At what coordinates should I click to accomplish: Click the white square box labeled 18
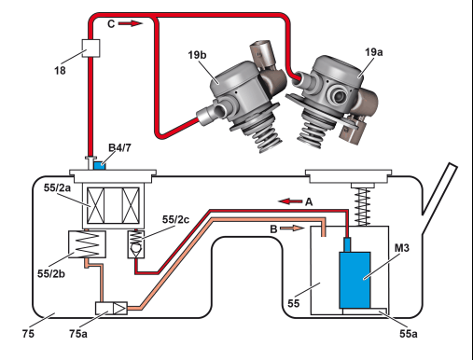90,48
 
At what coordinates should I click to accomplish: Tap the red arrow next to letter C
131,23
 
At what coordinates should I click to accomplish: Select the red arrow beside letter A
290,201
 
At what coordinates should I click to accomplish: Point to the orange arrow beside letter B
292,228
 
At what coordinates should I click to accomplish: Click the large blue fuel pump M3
355,280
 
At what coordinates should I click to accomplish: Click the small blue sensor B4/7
100,165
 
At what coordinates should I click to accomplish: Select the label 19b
197,55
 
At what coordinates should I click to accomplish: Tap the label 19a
374,52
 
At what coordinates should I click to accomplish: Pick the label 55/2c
175,219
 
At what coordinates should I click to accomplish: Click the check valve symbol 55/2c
136,244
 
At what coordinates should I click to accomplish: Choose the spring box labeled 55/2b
87,244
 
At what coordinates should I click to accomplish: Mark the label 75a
78,334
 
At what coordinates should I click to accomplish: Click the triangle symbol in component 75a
119,309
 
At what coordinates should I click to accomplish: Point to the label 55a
409,334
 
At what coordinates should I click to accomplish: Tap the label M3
402,248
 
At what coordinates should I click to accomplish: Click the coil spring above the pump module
363,206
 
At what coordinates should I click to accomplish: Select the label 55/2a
57,187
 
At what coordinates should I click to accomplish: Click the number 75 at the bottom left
28,334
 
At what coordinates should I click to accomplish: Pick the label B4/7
119,148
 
